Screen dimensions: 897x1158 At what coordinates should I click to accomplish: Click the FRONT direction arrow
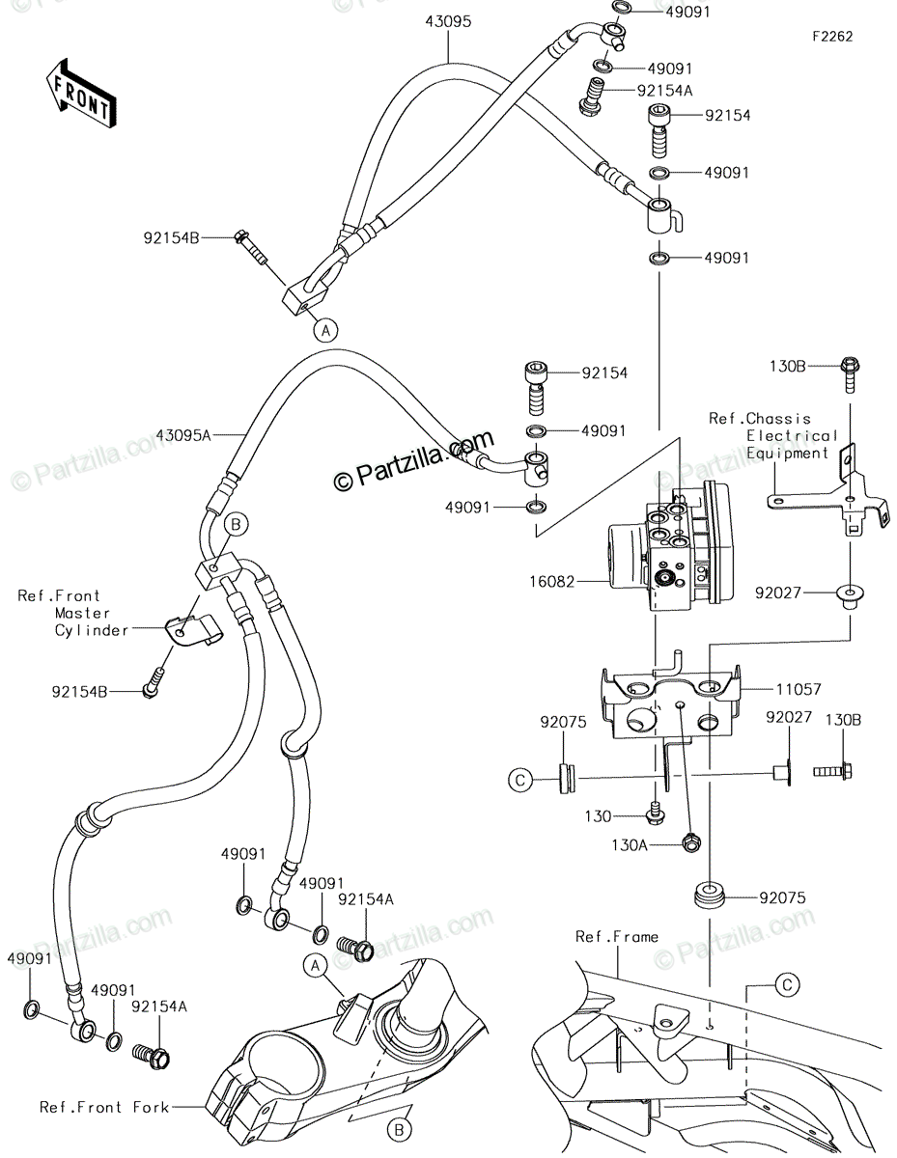click(81, 94)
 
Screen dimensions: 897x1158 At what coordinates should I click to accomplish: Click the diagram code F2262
click(832, 37)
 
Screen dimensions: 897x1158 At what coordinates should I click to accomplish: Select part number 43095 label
click(448, 22)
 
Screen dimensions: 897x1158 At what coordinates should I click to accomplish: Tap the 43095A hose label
click(183, 435)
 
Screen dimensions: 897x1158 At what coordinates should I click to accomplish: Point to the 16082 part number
click(552, 581)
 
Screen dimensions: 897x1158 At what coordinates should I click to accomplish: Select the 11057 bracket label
click(799, 689)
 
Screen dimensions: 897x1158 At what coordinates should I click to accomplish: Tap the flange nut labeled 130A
click(691, 842)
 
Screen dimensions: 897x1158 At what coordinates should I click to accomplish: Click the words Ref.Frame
click(617, 936)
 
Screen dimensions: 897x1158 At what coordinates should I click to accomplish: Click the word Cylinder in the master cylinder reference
click(92, 630)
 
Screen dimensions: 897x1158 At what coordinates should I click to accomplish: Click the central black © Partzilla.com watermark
click(413, 460)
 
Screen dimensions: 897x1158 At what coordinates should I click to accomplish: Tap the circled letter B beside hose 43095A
click(236, 524)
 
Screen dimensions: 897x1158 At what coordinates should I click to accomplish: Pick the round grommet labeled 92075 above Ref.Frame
click(710, 896)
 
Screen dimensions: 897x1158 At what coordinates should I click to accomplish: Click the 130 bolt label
click(598, 815)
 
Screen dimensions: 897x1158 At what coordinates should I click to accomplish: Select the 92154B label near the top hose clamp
click(171, 238)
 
